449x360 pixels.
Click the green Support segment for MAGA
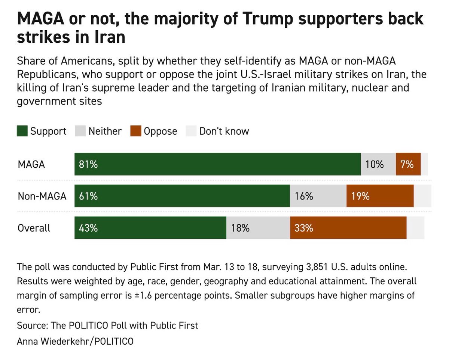tap(217, 164)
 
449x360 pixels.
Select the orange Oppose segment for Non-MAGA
tap(380, 196)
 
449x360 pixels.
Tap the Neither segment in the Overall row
tap(258, 228)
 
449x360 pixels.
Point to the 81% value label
tap(88, 164)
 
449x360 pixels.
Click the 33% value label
tap(303, 228)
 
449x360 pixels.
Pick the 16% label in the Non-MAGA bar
tap(303, 196)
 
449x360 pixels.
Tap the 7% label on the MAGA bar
tap(407, 164)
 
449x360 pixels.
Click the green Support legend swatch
tap(22, 131)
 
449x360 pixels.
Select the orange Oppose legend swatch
tap(135, 131)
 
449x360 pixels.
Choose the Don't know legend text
tap(224, 131)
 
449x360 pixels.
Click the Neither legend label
tap(105, 131)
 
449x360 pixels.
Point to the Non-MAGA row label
tap(42, 196)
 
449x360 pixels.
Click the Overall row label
tap(34, 228)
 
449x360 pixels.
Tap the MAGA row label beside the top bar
tap(31, 164)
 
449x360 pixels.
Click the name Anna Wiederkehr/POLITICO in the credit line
tap(75, 341)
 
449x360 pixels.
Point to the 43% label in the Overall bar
tap(88, 228)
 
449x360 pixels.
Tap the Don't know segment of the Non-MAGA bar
tap(422, 196)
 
